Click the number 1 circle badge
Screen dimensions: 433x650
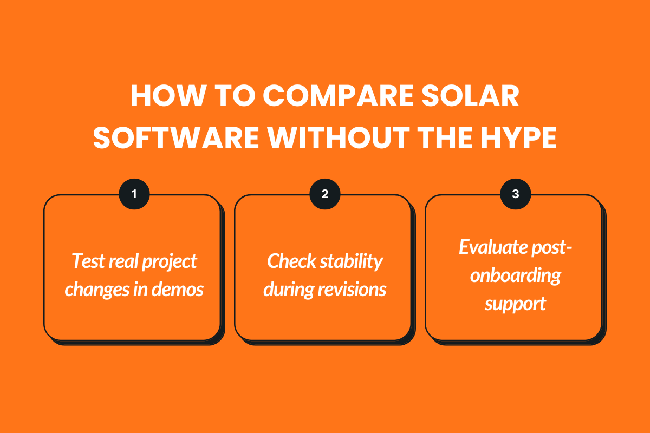[134, 194]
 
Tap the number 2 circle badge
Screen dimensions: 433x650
[324, 194]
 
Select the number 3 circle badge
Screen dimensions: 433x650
[515, 194]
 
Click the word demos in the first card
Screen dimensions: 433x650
[179, 290]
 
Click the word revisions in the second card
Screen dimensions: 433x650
[354, 290]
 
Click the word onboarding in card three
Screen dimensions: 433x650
[515, 275]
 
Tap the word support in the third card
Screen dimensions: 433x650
[515, 304]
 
